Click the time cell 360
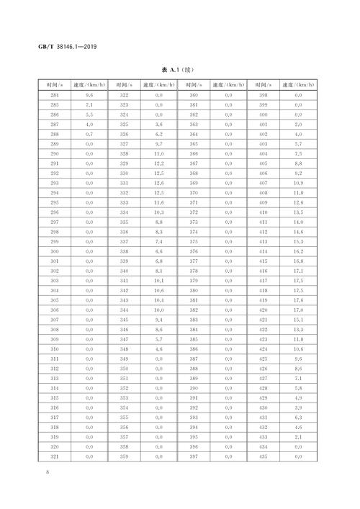194,95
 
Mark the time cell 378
194,270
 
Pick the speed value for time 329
159,163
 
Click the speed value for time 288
90,134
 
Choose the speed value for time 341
159,280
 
